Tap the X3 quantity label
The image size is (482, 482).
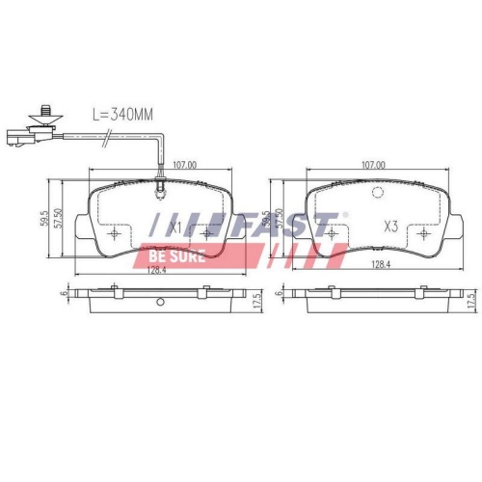tap(391, 228)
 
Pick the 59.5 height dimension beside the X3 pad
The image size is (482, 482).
tap(266, 218)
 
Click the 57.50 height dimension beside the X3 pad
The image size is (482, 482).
tap(281, 218)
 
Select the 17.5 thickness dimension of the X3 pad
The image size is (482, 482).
tap(472, 301)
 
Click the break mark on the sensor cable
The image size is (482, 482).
tap(101, 145)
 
